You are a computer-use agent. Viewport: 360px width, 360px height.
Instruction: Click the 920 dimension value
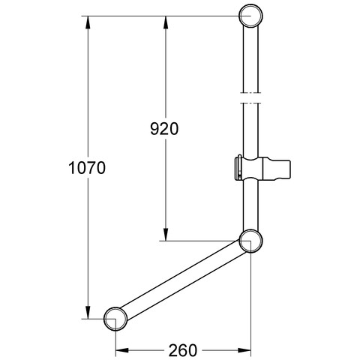164,129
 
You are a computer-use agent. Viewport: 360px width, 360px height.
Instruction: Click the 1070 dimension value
87,168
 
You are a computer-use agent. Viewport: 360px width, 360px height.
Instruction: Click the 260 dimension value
183,350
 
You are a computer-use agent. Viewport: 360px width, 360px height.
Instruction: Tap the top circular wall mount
250,16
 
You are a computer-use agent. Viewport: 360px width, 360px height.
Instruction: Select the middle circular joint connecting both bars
250,241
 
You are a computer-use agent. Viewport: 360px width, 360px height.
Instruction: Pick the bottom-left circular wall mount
115,319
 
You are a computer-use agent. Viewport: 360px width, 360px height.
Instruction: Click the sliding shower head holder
262,167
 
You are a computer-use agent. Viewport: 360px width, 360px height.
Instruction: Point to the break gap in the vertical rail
250,97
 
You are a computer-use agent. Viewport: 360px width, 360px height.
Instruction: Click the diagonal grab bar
183,280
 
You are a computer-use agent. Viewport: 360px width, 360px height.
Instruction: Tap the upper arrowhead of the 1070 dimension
88,22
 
